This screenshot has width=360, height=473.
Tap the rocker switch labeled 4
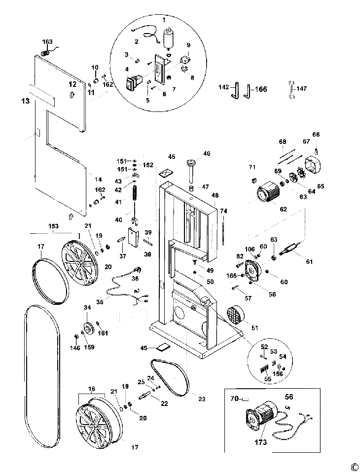pos(132,83)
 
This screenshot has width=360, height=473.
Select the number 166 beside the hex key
pos(261,89)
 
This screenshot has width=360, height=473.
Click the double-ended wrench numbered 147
pos(291,90)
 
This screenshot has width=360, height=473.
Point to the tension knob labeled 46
pos(191,170)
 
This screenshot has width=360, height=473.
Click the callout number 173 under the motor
pos(260,442)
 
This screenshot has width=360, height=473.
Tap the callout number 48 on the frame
pos(215,195)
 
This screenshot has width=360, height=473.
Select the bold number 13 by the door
pos(26,101)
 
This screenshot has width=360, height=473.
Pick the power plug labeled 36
pos(139,268)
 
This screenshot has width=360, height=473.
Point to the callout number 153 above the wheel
pos(53,226)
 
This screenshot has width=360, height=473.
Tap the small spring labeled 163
pos(45,52)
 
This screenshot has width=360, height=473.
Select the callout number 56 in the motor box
pos(289,397)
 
